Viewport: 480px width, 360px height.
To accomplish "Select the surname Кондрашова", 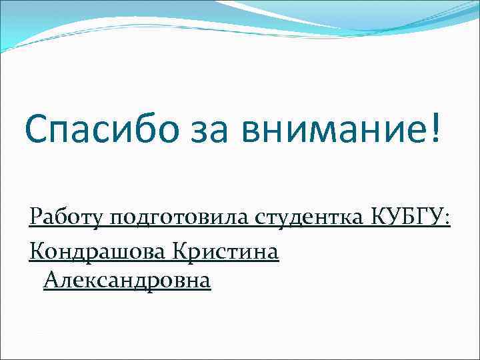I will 97,251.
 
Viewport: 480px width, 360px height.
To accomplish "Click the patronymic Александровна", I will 127,281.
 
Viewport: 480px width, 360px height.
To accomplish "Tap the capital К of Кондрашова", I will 37,251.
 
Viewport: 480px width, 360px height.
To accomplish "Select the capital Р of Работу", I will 35,217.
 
